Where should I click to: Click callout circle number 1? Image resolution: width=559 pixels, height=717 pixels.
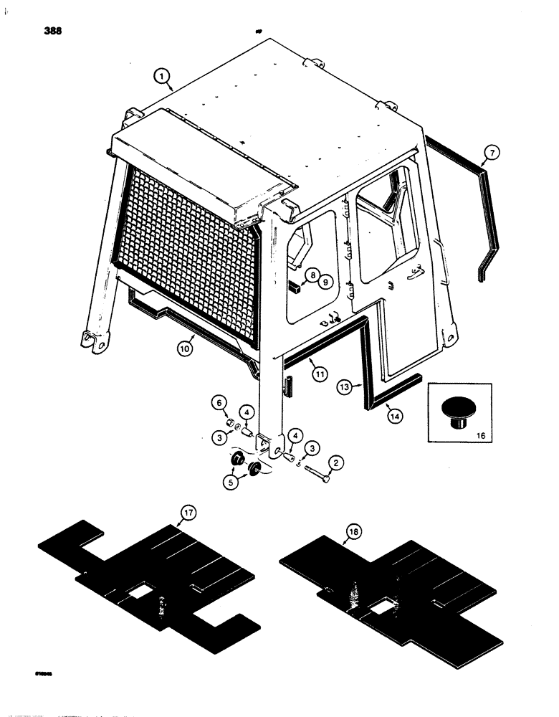coord(163,75)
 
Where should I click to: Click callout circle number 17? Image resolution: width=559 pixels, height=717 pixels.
coord(188,514)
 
